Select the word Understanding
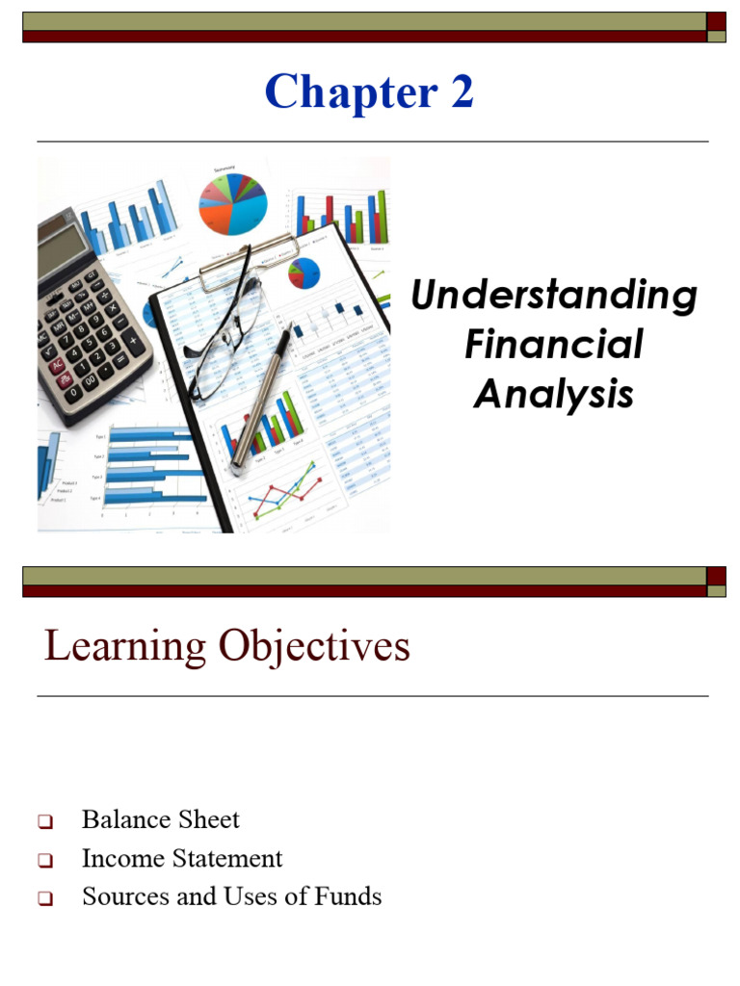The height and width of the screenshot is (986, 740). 554,295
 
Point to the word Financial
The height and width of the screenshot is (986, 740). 554,345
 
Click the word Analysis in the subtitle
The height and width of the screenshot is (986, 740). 554,394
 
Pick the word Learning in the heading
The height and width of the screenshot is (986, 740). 123,646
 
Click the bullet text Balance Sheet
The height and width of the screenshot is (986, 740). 161,819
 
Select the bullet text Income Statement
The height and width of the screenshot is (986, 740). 182,858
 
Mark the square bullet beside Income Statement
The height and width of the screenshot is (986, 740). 45,860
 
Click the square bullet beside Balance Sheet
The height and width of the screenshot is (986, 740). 45,822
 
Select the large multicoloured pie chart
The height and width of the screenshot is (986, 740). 232,202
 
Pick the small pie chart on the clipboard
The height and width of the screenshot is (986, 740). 304,272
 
